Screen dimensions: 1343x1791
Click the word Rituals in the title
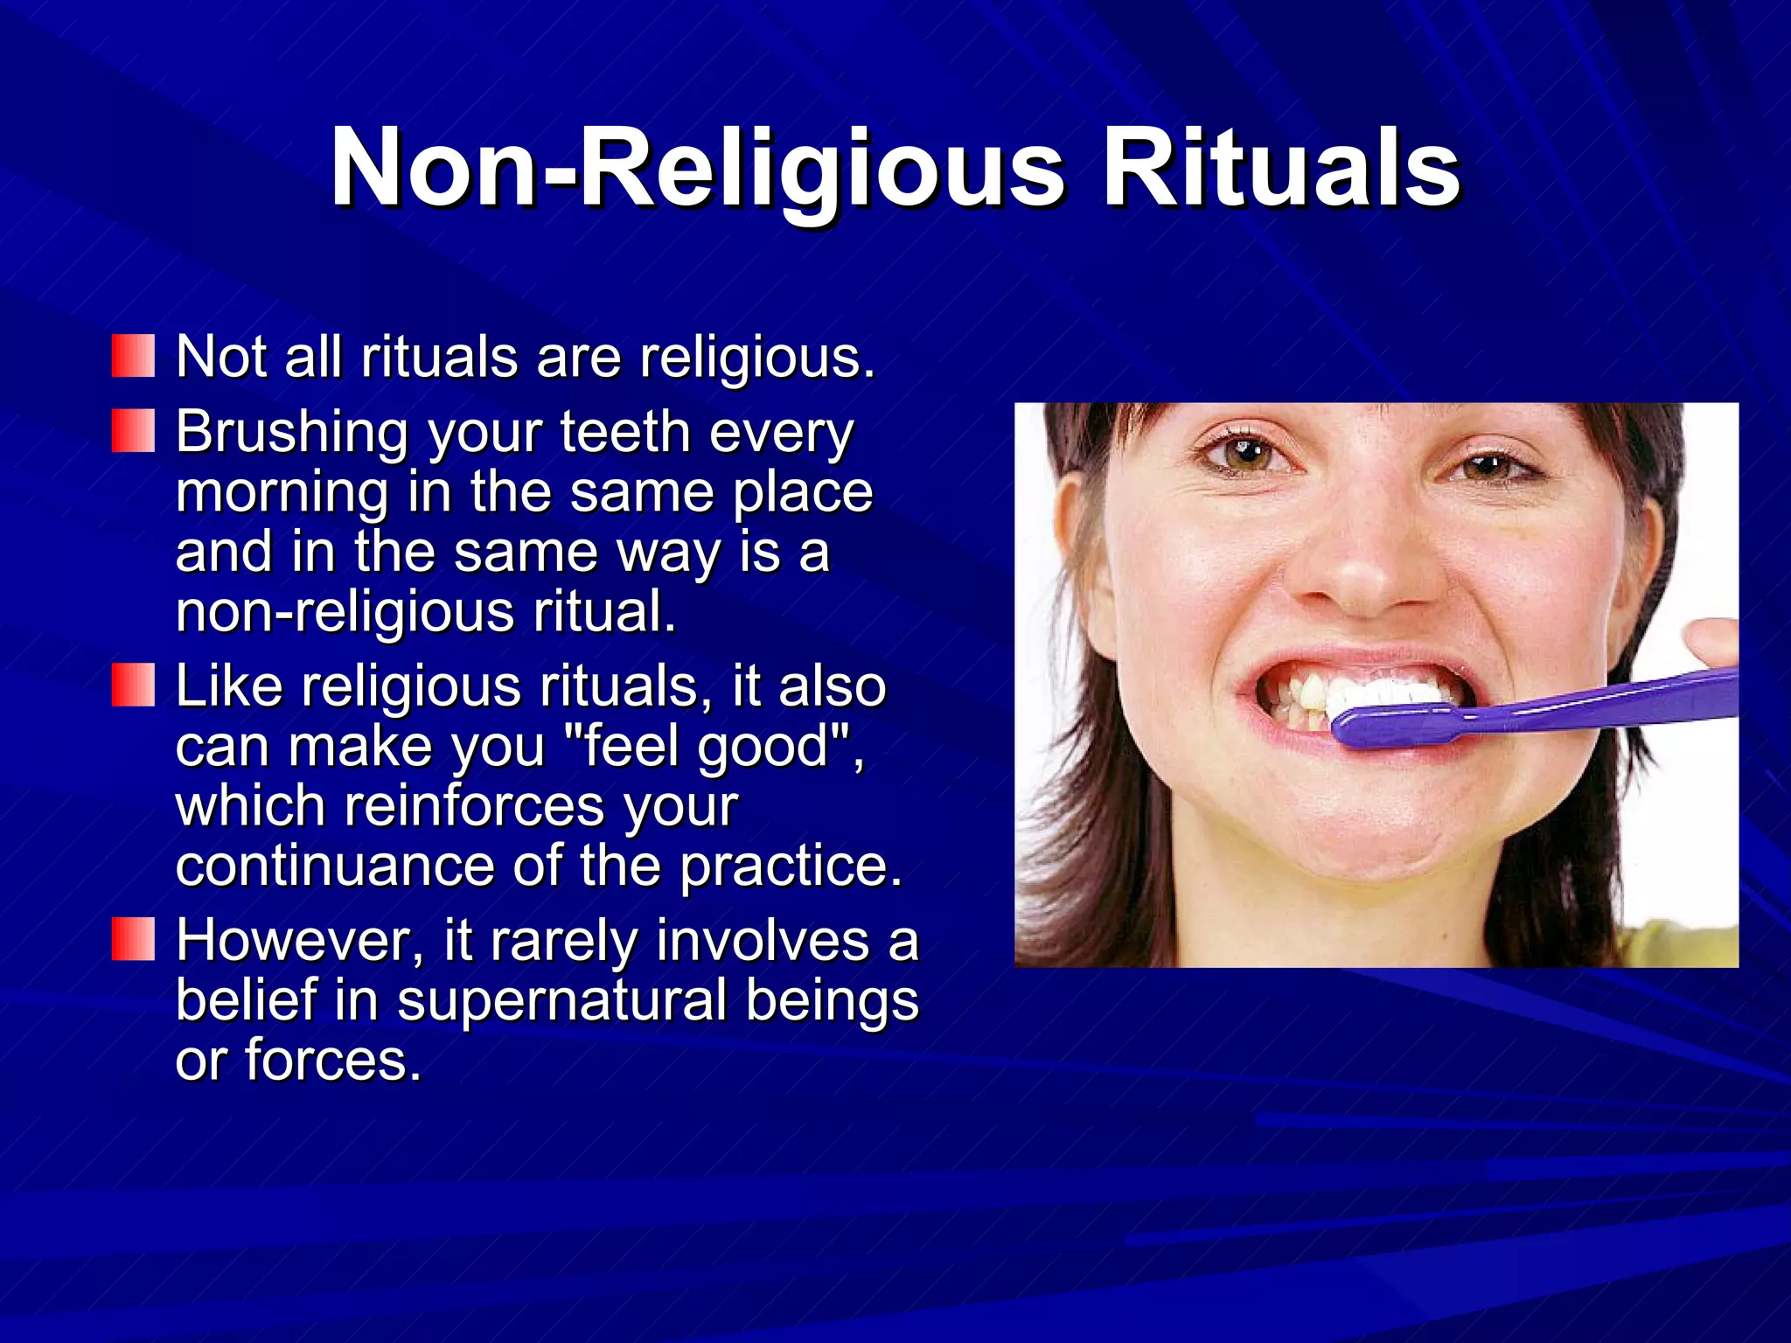tap(1280, 168)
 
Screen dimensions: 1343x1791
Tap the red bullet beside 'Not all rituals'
tap(133, 356)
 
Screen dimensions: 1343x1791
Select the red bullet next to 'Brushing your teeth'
tap(133, 431)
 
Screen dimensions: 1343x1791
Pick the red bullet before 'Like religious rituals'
tap(133, 685)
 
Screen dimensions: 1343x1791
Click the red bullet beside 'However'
tap(133, 939)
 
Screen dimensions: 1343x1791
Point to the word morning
tap(282, 493)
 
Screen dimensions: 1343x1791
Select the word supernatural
tap(561, 1000)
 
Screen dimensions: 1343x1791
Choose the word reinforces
tap(473, 805)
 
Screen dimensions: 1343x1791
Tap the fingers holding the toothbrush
tap(1710, 642)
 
